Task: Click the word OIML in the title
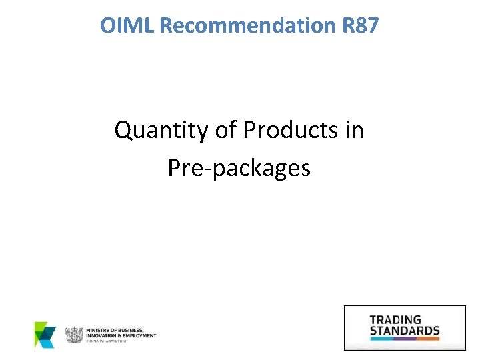(x=128, y=26)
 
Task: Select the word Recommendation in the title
(x=248, y=26)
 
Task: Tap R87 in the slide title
(x=360, y=26)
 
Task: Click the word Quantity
(x=161, y=131)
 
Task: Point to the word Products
(x=292, y=130)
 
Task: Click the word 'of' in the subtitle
(x=225, y=130)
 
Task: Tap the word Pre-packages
(x=239, y=168)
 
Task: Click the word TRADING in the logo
(x=395, y=320)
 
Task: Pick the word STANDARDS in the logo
(x=405, y=330)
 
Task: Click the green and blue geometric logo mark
(x=45, y=335)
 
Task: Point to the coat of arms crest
(x=73, y=335)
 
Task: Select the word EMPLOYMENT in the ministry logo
(x=138, y=335)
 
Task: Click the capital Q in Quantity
(x=123, y=131)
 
